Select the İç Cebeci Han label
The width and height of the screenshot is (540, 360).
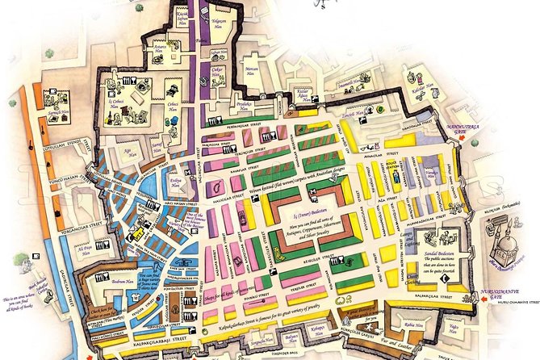119,104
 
